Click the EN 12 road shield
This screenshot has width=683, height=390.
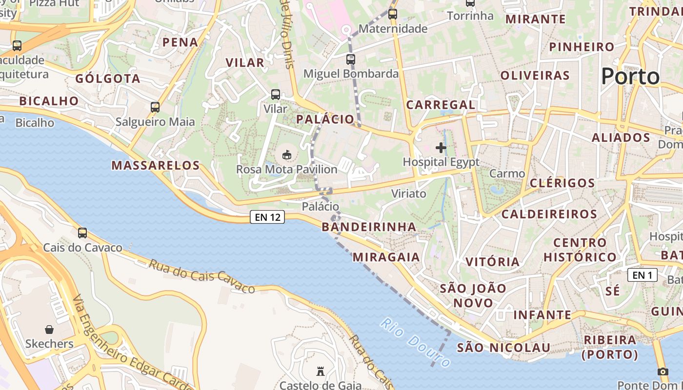[267, 217]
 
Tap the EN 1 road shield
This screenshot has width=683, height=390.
[642, 275]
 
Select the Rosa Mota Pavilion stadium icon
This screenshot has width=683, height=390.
[287, 156]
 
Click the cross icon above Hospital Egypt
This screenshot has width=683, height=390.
[441, 148]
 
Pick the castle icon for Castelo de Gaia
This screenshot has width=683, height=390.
[321, 371]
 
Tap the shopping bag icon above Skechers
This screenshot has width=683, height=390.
[49, 330]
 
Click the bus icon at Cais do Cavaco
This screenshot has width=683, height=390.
[82, 233]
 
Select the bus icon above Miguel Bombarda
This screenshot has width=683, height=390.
[351, 59]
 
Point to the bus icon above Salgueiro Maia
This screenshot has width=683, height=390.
[155, 107]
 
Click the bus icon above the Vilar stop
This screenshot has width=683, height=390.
[276, 95]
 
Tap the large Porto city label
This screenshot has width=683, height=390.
[630, 77]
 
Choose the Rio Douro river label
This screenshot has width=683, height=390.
[415, 343]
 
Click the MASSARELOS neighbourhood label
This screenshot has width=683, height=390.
[156, 165]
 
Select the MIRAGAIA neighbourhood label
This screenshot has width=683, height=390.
[386, 257]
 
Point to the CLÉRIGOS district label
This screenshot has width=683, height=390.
[562, 183]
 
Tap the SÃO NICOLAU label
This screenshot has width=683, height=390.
[503, 348]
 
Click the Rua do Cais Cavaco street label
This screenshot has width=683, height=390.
[201, 276]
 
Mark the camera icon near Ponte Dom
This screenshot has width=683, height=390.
[663, 371]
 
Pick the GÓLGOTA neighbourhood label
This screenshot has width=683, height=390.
[108, 78]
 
